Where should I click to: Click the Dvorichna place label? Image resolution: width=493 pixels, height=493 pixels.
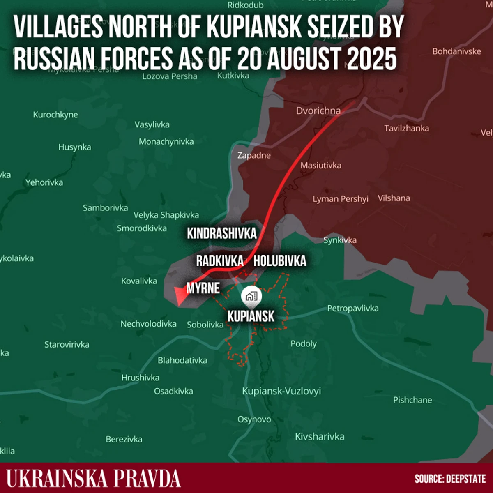click(x=318, y=111)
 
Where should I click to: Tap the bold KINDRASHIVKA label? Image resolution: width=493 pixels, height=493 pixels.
click(x=221, y=233)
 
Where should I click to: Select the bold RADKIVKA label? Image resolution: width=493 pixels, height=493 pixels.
click(x=219, y=260)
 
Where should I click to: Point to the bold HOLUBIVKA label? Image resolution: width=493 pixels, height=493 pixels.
click(x=280, y=260)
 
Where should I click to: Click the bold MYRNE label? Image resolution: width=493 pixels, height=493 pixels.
click(x=203, y=288)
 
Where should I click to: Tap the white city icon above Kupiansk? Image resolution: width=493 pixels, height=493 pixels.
click(x=251, y=296)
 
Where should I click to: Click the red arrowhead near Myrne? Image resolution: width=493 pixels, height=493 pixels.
click(x=180, y=296)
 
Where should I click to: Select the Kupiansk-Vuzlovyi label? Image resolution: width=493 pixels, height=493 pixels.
click(x=281, y=391)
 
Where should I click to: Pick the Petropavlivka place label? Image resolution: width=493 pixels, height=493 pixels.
click(x=352, y=308)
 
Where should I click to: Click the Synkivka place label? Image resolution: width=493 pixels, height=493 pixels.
click(x=340, y=240)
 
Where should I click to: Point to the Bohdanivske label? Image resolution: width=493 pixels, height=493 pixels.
click(x=456, y=51)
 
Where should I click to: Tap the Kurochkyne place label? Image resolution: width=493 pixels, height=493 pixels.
click(x=55, y=115)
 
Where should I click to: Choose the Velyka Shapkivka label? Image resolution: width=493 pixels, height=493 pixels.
click(x=166, y=215)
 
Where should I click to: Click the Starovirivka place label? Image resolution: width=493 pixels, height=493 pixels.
click(x=67, y=344)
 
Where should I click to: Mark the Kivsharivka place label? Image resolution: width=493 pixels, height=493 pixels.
click(x=320, y=436)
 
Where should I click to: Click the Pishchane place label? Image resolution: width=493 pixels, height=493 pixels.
click(x=412, y=400)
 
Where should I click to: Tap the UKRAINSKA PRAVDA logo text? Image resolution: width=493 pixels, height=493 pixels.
click(x=93, y=479)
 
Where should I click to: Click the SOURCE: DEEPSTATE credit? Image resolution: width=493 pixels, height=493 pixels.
click(x=450, y=479)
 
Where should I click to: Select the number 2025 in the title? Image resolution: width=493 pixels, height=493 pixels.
click(x=368, y=59)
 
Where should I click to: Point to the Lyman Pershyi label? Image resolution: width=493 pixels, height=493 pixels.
click(x=340, y=199)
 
